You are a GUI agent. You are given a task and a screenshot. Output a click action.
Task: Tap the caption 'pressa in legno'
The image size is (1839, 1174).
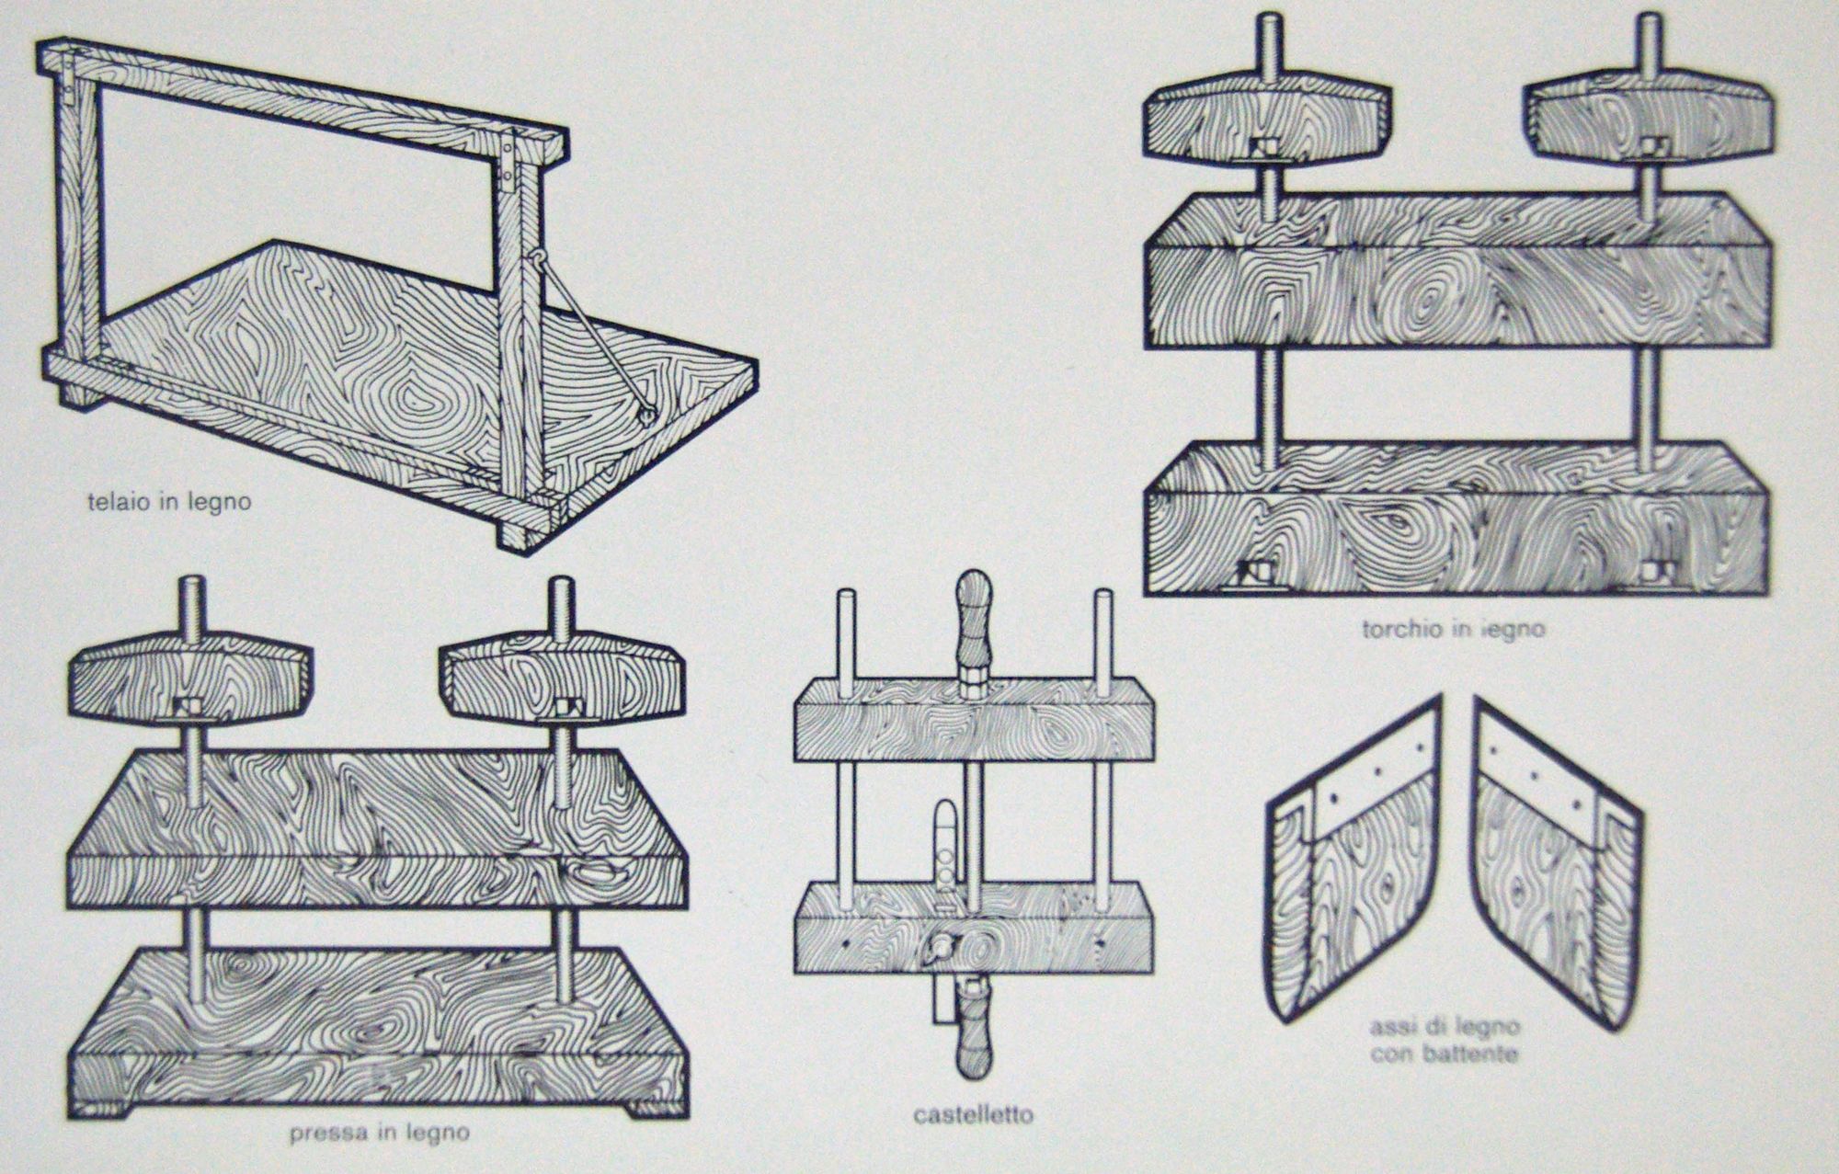point(379,1133)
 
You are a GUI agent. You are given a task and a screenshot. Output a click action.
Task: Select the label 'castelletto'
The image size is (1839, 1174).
point(973,1115)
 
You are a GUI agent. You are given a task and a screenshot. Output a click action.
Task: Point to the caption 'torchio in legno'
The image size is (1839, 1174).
point(1453,630)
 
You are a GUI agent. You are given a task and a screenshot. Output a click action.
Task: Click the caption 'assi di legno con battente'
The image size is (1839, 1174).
point(1443,1040)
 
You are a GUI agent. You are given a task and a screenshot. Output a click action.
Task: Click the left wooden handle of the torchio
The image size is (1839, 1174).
point(1267,120)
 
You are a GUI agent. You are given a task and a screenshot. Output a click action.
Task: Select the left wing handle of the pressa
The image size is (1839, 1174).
point(190,680)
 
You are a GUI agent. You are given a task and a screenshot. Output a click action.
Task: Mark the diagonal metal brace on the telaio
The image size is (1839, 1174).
point(588,334)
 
